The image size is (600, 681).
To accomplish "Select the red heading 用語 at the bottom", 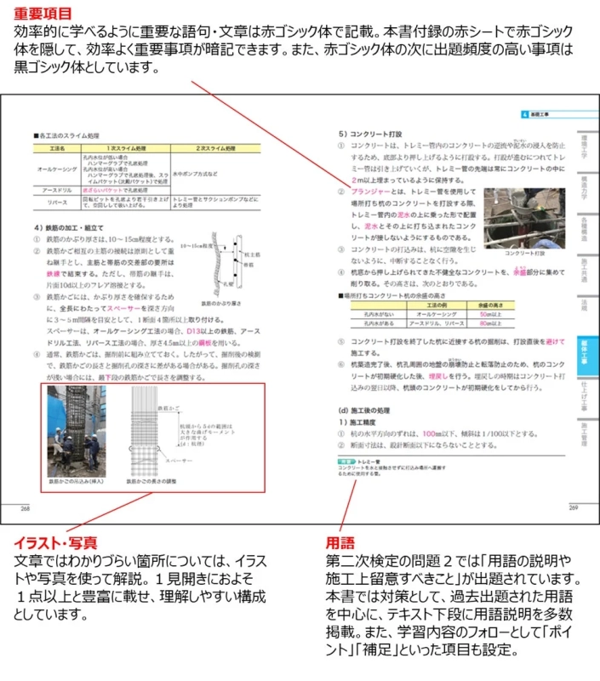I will (x=338, y=541).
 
